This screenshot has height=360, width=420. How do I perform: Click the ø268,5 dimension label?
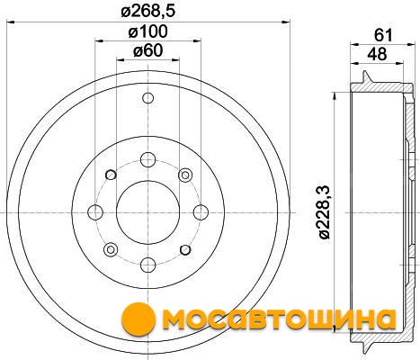click(147, 12)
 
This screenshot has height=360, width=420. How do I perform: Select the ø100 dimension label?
click(147, 31)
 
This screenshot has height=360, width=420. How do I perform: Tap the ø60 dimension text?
click(147, 50)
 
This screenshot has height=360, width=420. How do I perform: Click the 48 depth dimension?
click(378, 54)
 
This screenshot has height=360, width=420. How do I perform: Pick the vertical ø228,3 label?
click(324, 212)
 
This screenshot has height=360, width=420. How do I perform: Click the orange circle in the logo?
click(139, 320)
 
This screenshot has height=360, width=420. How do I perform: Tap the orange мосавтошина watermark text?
click(281, 320)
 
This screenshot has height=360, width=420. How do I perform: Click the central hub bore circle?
click(147, 212)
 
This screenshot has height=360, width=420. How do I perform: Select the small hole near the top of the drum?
click(147, 98)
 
